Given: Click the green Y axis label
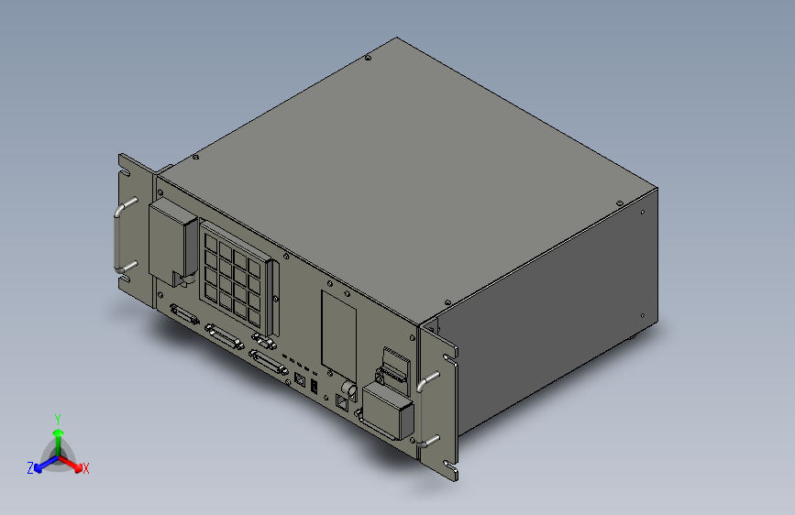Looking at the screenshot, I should pyautogui.click(x=58, y=417).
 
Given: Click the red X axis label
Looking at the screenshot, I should pyautogui.click(x=86, y=469).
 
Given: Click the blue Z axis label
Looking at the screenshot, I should pyautogui.click(x=30, y=467).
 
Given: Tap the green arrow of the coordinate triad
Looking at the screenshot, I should pyautogui.click(x=58, y=434).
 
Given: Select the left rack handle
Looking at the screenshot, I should pyautogui.click(x=119, y=238).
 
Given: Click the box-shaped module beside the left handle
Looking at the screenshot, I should pyautogui.click(x=171, y=242).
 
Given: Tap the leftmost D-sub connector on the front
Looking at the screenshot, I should pyautogui.click(x=184, y=315).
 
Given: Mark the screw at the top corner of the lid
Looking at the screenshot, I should pyautogui.click(x=368, y=60).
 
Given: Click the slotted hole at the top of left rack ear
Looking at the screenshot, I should pyautogui.click(x=124, y=173).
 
